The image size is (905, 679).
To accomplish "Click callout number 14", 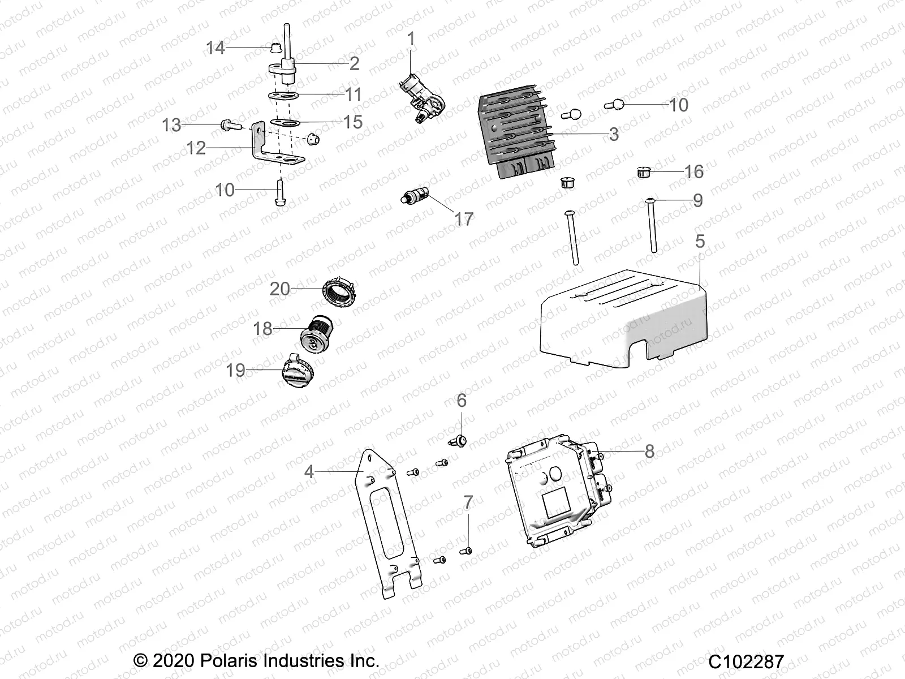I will tap(215, 48).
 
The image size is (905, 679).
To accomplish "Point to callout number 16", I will tap(694, 171).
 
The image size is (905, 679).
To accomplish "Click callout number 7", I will tap(468, 502).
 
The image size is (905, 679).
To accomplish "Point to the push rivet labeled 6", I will tap(459, 440).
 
